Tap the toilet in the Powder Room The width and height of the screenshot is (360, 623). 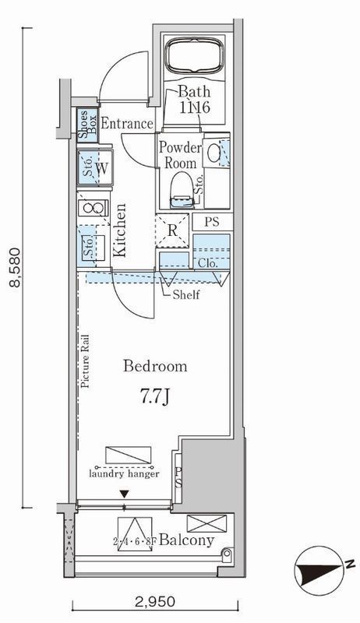[x=182, y=189]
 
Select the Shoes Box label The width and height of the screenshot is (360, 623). [x=87, y=125]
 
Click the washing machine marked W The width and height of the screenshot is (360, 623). [x=95, y=167]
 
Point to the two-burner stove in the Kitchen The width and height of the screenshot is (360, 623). [x=94, y=207]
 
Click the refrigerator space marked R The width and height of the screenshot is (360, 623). [x=172, y=231]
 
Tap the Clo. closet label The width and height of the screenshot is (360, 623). [x=207, y=263]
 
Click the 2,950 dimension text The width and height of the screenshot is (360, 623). [x=154, y=601]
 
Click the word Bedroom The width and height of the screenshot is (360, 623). [x=155, y=365]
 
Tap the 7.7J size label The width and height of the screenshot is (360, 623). [x=155, y=397]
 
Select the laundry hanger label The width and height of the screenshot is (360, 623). [x=124, y=473]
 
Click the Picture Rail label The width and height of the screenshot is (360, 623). [x=85, y=361]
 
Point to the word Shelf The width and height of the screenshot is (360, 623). [x=186, y=295]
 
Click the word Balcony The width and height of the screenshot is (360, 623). [x=186, y=540]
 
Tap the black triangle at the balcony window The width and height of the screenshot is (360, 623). [x=125, y=494]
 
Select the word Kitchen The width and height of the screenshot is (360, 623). [x=119, y=230]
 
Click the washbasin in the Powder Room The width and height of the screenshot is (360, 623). [x=214, y=153]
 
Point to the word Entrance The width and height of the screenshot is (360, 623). [x=127, y=124]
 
